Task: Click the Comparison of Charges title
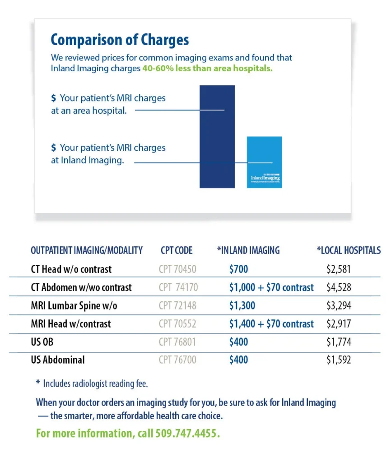[120, 40]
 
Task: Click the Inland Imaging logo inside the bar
[265, 178]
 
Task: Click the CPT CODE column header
[177, 250]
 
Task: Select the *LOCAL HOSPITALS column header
[349, 250]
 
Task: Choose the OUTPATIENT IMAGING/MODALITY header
[87, 250]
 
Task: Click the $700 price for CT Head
[238, 269]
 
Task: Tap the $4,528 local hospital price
[339, 287]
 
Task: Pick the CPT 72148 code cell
[177, 305]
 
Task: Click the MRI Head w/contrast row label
[71, 324]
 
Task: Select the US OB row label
[42, 342]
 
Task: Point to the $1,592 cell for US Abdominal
[339, 360]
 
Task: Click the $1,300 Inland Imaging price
[242, 305]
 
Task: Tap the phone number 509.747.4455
[187, 434]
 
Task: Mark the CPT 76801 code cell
[177, 342]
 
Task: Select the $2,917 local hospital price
[339, 324]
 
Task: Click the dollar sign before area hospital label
[54, 98]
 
